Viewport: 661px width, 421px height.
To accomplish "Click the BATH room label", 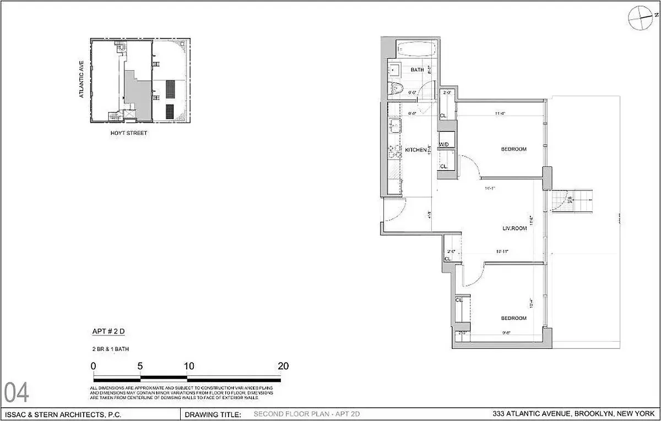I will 418,70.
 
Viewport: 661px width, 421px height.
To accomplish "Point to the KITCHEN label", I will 416,150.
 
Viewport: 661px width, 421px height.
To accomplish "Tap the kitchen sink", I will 394,128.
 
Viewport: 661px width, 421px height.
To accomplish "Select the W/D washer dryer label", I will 444,145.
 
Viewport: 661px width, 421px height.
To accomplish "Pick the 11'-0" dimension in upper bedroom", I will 500,114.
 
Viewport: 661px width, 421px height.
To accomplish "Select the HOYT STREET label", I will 129,133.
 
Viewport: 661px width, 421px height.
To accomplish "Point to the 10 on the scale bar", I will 188,366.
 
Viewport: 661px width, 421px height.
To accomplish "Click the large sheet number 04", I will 17,393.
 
